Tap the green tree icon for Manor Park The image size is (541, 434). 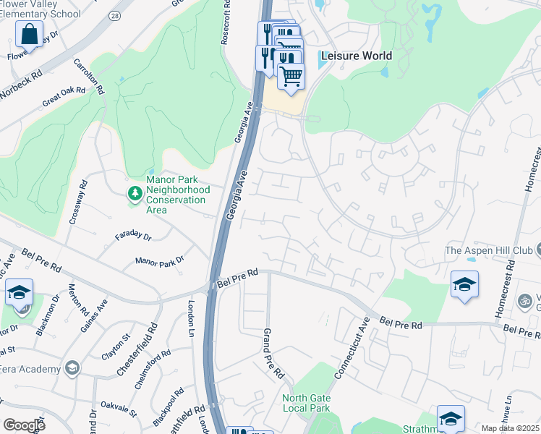click(x=135, y=193)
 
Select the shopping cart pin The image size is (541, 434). click(x=291, y=75)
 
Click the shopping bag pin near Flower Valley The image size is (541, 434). click(x=29, y=33)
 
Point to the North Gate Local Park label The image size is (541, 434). click(x=307, y=403)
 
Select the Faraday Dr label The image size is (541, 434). click(x=133, y=237)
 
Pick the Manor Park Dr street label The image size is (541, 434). click(x=160, y=260)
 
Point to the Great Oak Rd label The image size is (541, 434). click(x=64, y=97)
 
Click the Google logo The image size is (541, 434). click(x=24, y=425)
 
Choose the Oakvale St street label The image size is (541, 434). click(x=119, y=409)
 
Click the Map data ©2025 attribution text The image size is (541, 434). click(x=510, y=428)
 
